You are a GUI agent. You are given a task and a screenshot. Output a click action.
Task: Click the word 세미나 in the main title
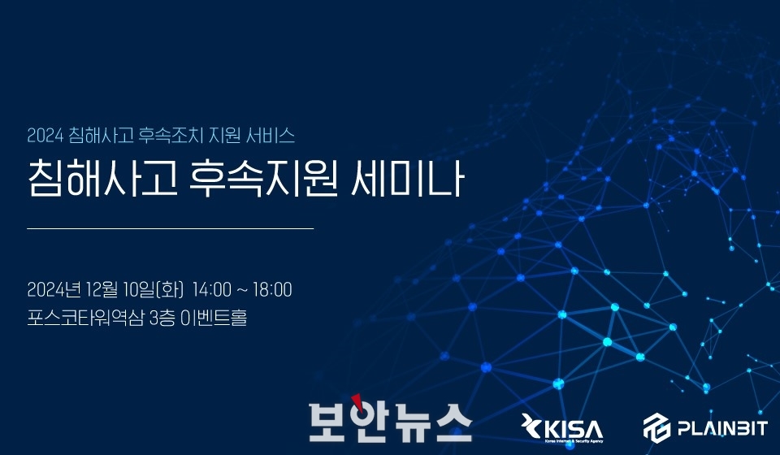click(408, 178)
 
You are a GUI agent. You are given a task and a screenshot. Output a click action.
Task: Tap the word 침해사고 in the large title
click(102, 178)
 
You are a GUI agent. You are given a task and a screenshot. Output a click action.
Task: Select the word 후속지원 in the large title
click(263, 178)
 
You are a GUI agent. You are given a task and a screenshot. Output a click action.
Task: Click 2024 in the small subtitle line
click(45, 136)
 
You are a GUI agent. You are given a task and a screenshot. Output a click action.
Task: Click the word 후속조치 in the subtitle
click(170, 136)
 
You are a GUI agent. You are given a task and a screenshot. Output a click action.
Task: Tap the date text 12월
click(102, 289)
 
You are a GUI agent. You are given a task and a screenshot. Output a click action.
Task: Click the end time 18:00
click(272, 289)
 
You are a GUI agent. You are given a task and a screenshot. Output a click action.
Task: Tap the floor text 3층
click(162, 318)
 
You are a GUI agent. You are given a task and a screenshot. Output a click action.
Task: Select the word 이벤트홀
click(214, 318)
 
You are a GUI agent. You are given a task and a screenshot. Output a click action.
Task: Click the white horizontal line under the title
click(171, 229)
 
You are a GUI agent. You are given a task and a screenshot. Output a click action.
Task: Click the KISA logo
click(562, 427)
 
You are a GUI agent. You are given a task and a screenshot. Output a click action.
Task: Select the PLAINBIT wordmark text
click(722, 427)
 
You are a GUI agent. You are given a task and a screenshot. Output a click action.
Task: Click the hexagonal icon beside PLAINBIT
click(656, 427)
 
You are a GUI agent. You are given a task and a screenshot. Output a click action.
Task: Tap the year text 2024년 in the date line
click(54, 289)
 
